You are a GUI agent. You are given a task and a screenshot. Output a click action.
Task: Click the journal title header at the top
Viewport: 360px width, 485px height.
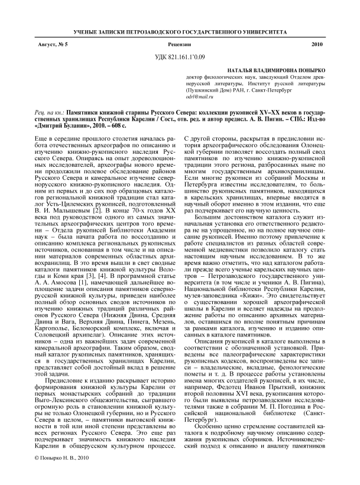tap(180, 29)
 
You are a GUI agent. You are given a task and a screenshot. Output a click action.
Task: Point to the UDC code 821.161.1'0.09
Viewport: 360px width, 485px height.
tap(180, 57)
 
